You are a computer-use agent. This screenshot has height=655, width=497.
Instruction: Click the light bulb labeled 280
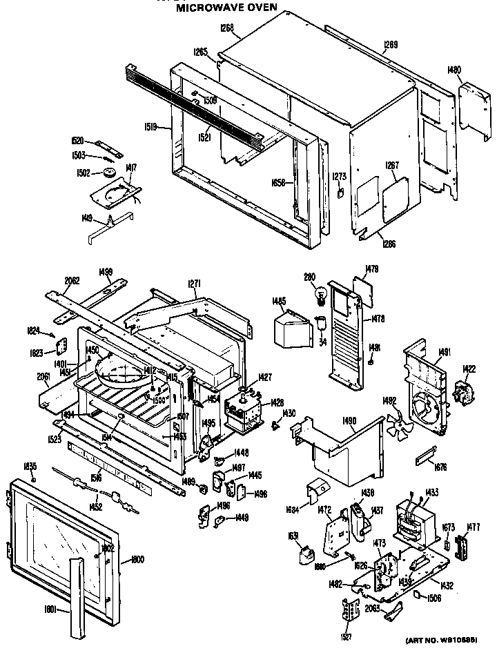tap(320, 295)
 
